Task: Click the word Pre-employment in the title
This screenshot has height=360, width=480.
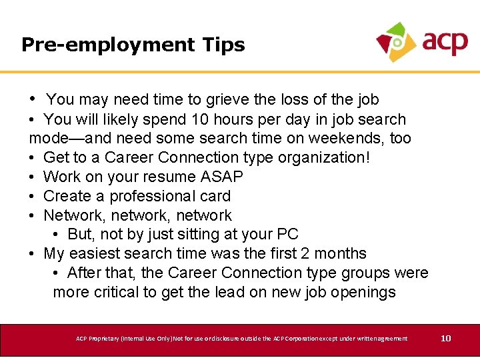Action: click(106, 45)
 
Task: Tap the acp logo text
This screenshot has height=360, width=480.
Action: click(445, 42)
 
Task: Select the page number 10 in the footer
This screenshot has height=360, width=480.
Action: click(446, 339)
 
